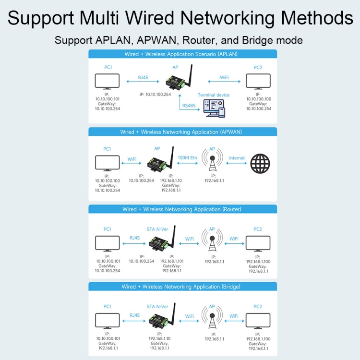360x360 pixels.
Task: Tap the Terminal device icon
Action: pos(214,108)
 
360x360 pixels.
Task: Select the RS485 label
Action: pos(189,106)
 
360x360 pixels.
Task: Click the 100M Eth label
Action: pos(187,158)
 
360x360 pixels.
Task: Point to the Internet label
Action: pos(237,158)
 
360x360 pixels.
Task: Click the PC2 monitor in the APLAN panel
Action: pos(258,82)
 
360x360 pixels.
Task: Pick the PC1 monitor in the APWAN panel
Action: pos(107,163)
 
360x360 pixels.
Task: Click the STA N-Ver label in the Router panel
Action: pos(157,229)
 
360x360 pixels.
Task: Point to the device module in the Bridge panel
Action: pos(158,321)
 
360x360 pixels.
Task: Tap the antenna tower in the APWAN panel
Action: pos(212,162)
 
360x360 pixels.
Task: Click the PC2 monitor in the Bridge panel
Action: pos(258,321)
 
